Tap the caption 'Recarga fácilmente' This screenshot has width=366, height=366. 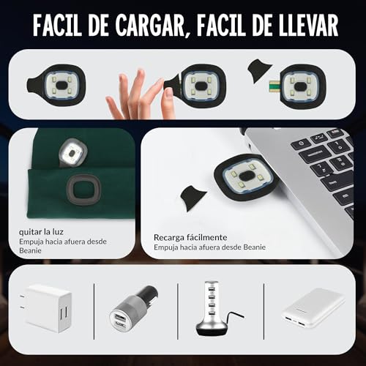click(x=190, y=237)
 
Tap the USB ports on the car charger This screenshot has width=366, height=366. click(x=122, y=319)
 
